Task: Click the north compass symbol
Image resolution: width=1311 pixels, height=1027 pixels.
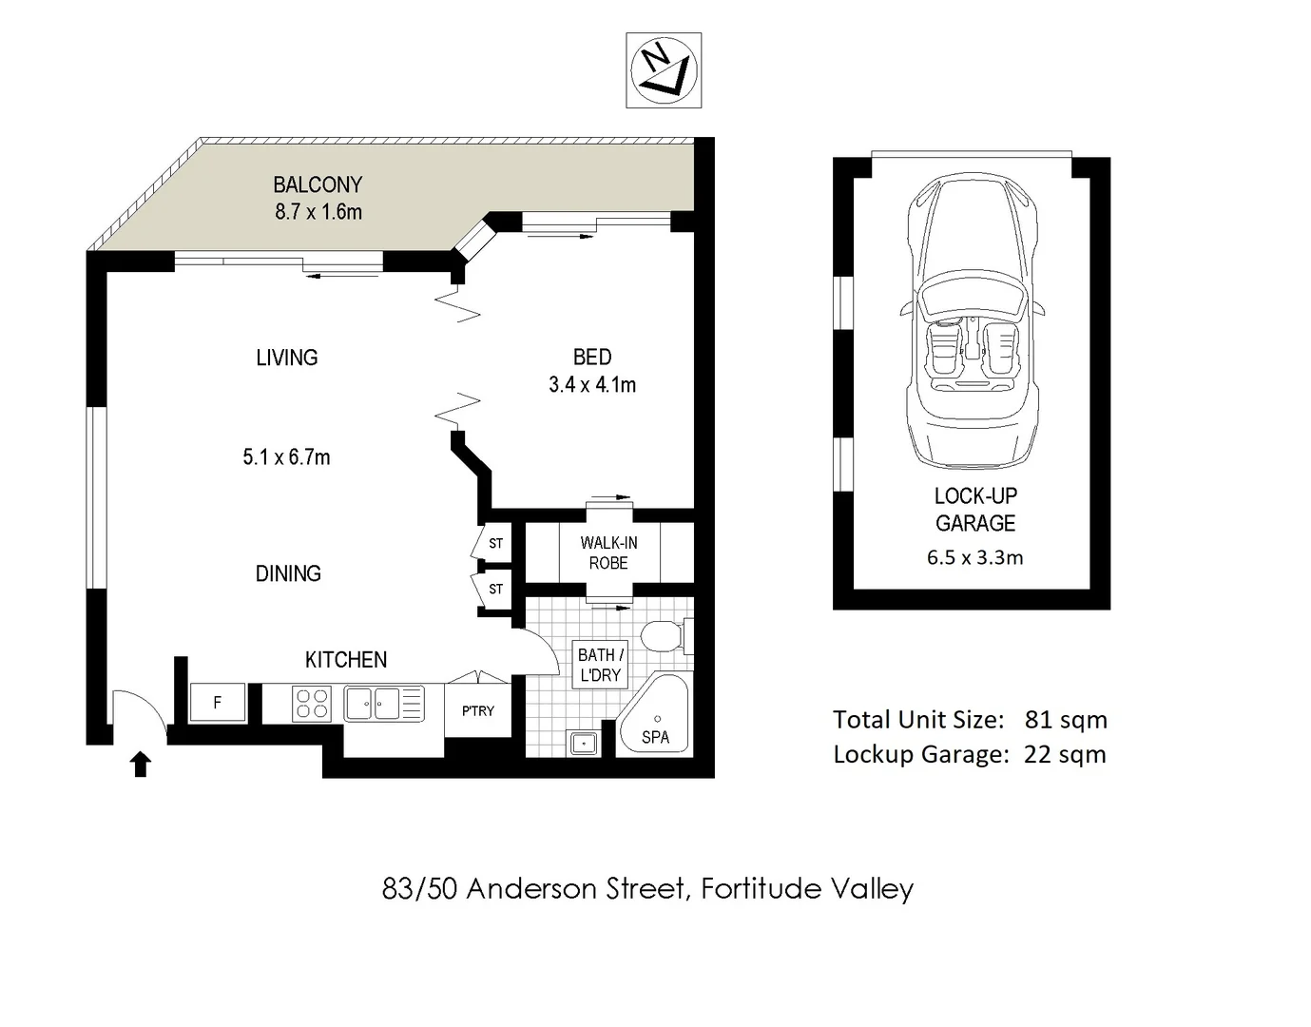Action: [664, 70]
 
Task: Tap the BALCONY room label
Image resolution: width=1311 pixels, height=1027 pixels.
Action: [318, 184]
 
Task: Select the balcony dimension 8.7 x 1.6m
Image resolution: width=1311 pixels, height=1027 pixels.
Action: [318, 212]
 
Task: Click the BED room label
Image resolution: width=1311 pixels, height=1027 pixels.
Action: [591, 358]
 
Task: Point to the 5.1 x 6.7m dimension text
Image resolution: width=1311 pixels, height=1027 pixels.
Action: [286, 457]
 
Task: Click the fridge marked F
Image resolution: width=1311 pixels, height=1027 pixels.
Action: [218, 703]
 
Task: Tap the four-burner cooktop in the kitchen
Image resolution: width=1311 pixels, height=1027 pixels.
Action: [312, 704]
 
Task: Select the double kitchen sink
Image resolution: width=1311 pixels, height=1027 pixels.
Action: [373, 704]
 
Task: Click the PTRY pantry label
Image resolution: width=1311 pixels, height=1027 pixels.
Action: [477, 710]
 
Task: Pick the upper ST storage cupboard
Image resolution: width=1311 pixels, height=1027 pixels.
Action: [495, 544]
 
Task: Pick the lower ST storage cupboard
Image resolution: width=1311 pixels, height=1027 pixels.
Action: [495, 590]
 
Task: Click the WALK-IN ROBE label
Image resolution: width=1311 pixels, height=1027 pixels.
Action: [608, 552]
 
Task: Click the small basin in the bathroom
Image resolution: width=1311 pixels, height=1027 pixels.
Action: [583, 742]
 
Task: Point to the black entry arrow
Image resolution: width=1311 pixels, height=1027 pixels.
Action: [141, 764]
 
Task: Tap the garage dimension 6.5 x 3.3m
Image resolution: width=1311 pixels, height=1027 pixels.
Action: [974, 558]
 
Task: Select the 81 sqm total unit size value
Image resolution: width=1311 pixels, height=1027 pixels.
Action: [1066, 720]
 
